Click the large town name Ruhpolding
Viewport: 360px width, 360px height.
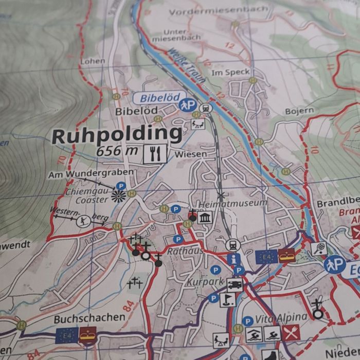(117, 135)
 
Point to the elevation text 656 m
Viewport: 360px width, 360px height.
(117, 151)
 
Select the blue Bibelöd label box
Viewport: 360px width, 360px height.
(156, 97)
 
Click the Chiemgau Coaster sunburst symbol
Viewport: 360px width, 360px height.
(119, 196)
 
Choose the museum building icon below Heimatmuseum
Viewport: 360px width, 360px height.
(204, 218)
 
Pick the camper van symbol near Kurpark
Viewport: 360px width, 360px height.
(235, 284)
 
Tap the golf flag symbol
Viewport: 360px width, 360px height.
(226, 299)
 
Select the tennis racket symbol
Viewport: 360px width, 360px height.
(319, 248)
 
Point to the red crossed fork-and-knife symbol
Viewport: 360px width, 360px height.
(291, 333)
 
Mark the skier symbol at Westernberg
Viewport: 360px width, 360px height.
(83, 221)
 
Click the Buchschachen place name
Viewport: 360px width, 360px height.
(89, 318)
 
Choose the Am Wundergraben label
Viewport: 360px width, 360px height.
(91, 174)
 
